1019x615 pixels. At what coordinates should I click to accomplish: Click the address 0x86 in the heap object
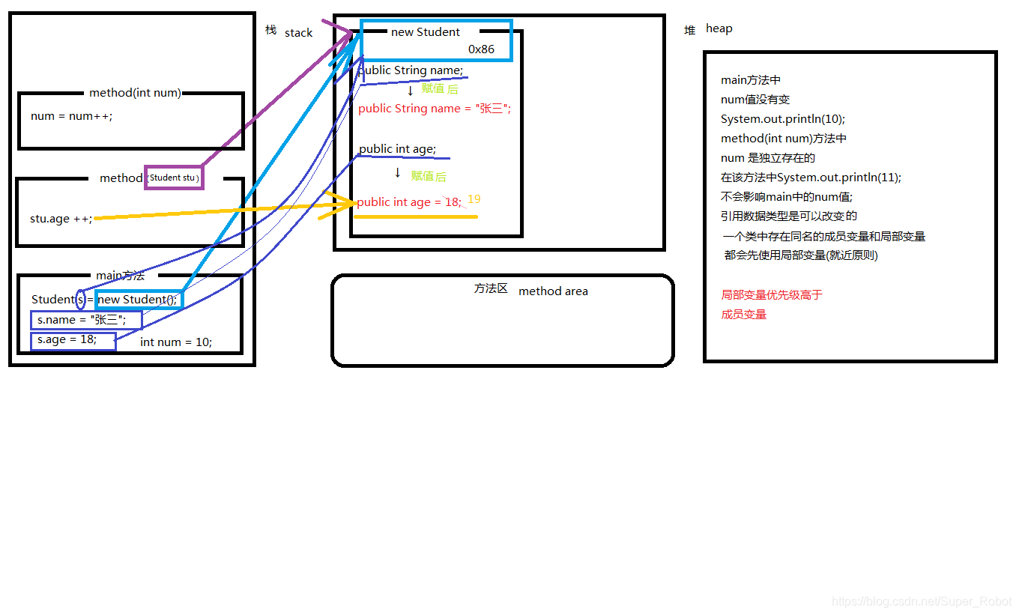coord(481,49)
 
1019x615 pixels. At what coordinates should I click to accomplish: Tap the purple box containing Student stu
coord(173,178)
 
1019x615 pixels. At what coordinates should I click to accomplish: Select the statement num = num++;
coord(71,116)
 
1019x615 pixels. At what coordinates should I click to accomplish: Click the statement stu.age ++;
coord(61,219)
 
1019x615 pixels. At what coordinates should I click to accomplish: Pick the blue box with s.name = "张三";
coord(85,320)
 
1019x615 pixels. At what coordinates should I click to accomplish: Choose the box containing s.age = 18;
coord(73,340)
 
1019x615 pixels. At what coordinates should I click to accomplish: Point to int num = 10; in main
coord(176,342)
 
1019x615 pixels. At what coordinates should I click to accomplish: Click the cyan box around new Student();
coord(139,300)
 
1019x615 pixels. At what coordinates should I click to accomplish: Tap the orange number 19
coord(474,199)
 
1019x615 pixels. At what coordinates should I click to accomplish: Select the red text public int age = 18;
coord(408,202)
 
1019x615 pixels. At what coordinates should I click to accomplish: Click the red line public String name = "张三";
coord(434,109)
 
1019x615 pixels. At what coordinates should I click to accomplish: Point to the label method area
coord(553,291)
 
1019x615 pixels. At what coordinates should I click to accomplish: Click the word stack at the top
coord(298,33)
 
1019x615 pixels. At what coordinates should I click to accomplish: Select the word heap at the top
coord(719,28)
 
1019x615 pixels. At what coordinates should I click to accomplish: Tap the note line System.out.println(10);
coord(782,119)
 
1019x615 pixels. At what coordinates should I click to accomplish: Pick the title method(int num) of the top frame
coord(135,93)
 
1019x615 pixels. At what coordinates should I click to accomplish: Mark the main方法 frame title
coord(120,276)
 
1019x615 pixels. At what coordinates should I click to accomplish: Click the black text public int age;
coord(397,149)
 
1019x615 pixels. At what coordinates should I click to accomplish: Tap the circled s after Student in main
coord(80,300)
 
